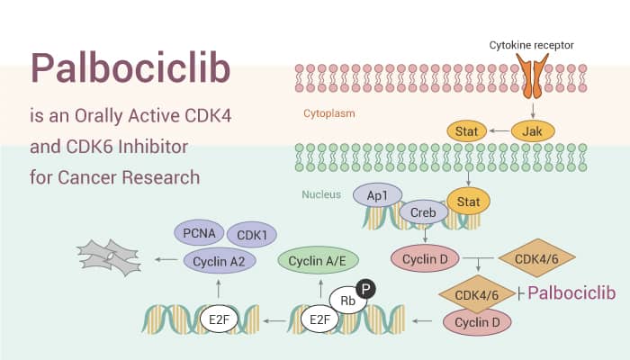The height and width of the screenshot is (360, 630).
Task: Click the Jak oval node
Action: click(531, 131)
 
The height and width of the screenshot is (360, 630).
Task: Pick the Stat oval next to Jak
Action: click(467, 131)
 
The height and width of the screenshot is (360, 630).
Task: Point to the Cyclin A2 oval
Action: click(220, 260)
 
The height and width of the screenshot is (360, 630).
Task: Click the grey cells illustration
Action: click(110, 257)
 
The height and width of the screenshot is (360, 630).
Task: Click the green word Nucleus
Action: click(321, 194)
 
